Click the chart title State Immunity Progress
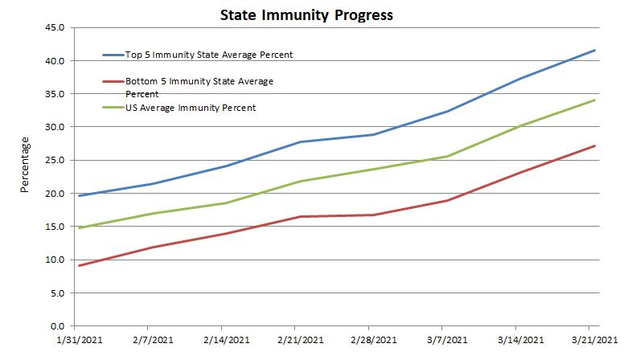295,14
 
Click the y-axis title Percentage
24,165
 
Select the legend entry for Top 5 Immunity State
208,55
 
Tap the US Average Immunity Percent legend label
191,108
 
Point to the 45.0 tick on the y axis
54,27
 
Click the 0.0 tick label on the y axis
56,325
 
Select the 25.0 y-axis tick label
54,160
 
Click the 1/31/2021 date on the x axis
75,340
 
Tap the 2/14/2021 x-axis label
225,340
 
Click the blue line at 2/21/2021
299,142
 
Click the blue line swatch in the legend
113,55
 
